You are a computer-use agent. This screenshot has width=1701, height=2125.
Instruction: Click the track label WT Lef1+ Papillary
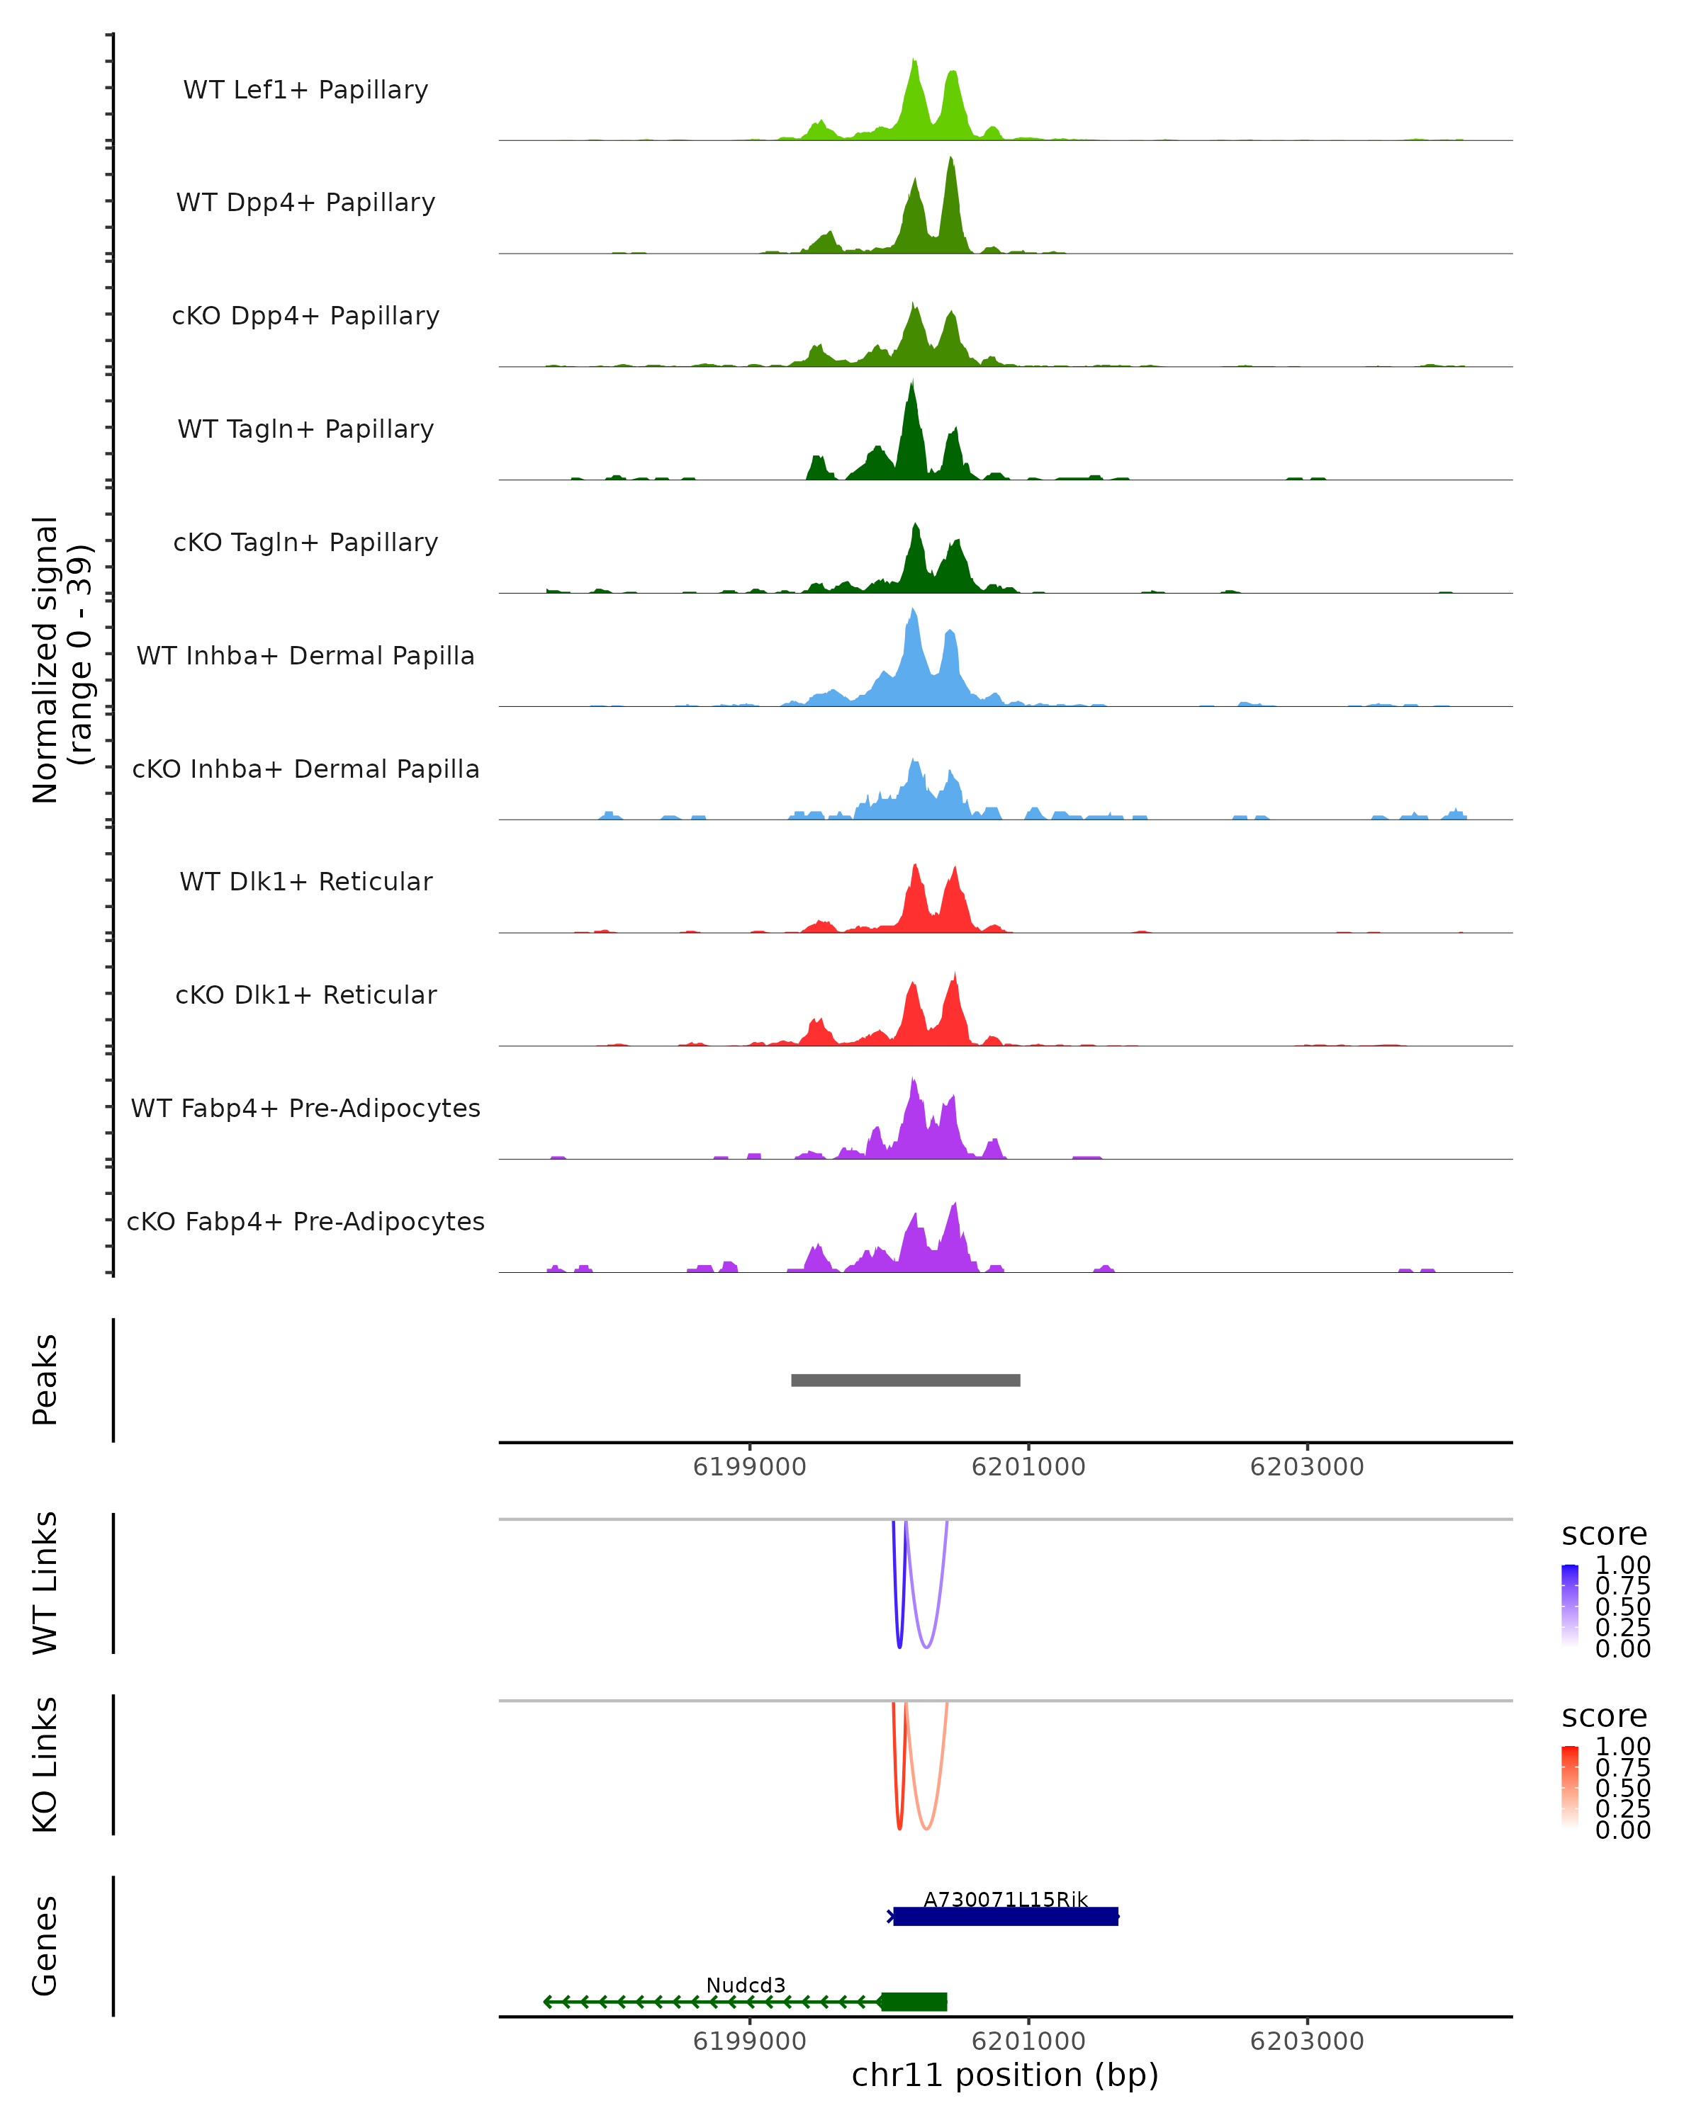pos(305,90)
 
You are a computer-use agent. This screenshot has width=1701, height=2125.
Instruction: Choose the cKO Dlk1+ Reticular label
pos(305,994)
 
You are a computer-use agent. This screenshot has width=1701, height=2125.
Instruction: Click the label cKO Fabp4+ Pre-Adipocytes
pos(305,1221)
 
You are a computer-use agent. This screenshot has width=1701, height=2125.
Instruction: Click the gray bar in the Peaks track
pos(905,1380)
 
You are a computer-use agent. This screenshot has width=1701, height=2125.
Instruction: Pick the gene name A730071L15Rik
pos(1005,1899)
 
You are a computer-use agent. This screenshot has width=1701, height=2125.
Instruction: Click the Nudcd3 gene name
pos(746,1985)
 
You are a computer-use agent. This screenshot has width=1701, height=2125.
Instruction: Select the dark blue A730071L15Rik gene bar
pos(1005,1916)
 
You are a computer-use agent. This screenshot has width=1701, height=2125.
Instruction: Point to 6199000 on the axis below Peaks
pos(749,1467)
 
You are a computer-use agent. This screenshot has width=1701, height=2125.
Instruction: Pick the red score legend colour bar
pos(1570,1787)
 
